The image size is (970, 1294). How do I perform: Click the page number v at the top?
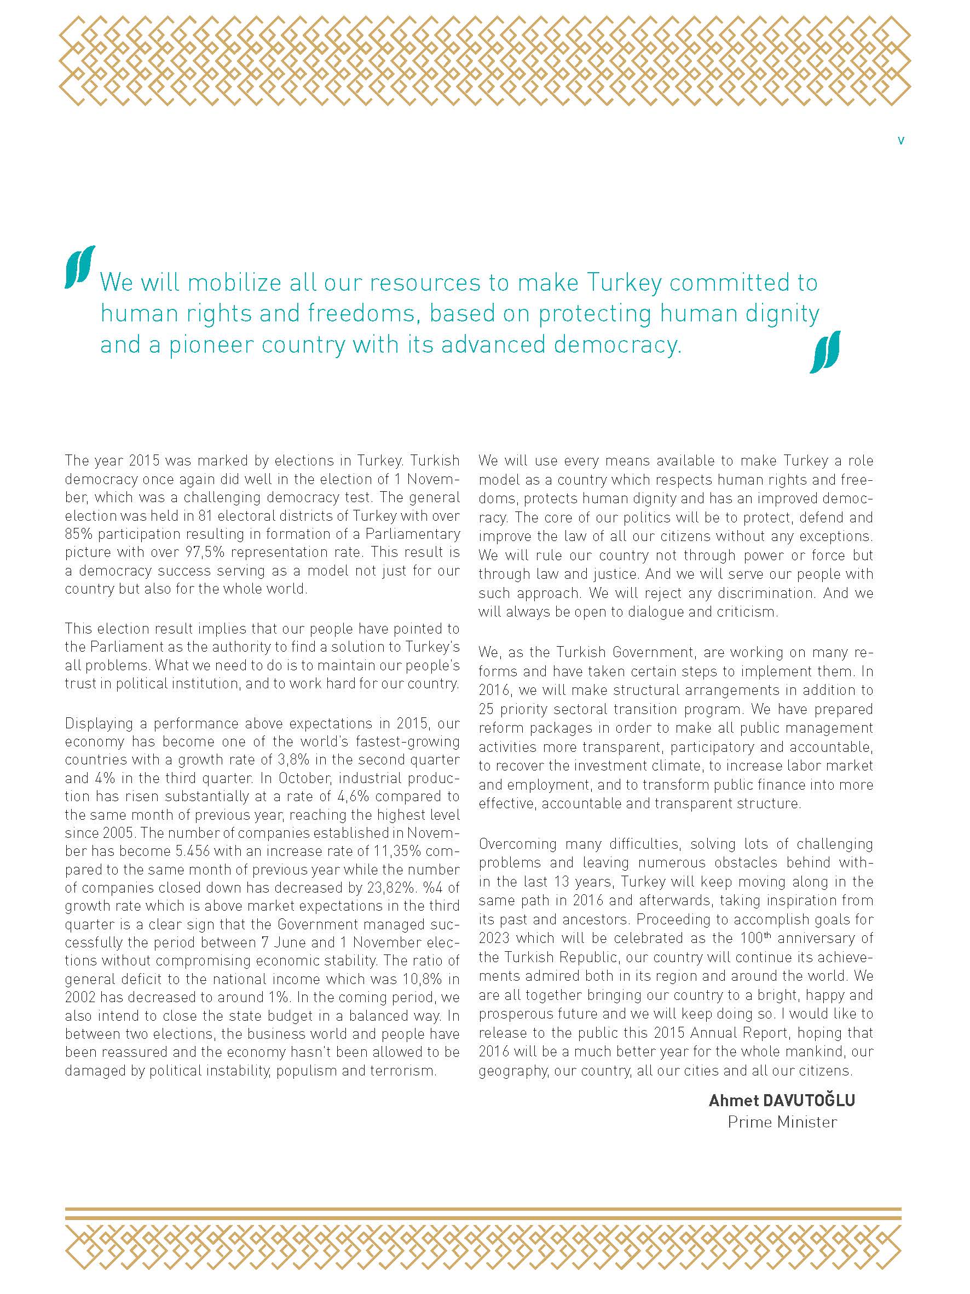[900, 140]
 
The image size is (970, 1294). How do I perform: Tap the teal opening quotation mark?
[80, 267]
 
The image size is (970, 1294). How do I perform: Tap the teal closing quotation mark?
[824, 352]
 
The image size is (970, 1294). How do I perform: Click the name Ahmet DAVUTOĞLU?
[782, 1100]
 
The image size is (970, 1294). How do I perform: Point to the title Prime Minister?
[782, 1122]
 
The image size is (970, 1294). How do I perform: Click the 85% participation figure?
[78, 534]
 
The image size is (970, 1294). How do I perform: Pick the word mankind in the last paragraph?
[816, 1051]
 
